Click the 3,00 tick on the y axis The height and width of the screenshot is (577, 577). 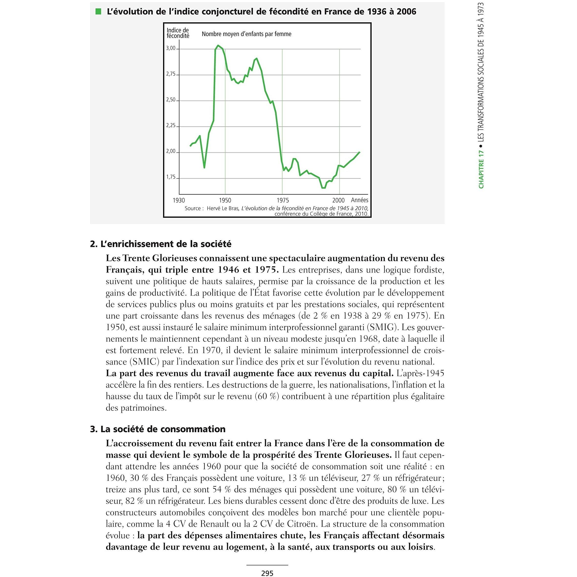point(171,48)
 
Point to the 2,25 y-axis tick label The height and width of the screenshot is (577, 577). point(171,126)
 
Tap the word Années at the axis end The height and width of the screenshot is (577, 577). point(360,200)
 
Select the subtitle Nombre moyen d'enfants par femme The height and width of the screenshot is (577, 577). point(246,34)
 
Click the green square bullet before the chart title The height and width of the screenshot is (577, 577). point(98,12)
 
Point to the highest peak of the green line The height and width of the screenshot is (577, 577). point(218,45)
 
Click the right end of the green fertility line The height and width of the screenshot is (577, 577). point(360,152)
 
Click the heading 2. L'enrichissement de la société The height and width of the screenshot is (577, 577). point(161,244)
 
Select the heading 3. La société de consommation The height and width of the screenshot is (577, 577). point(158,429)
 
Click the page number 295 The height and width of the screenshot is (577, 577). point(267,573)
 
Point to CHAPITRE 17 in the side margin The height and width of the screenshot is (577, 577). point(481,169)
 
